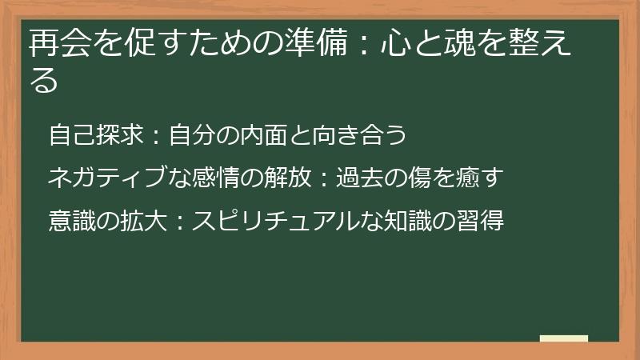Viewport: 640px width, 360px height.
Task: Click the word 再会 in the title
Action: (54, 44)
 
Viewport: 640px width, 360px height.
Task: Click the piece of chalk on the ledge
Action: (563, 338)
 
